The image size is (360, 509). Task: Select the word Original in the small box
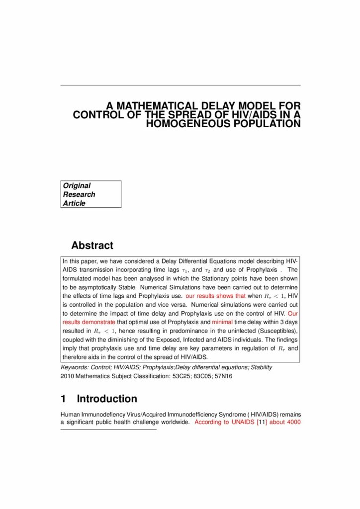coord(77,185)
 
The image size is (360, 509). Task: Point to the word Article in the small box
coord(74,203)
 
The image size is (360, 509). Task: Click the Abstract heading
coord(92,246)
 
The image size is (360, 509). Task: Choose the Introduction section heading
coord(107,399)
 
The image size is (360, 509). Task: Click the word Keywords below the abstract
coord(74,367)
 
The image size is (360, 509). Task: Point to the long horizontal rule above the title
coord(180,85)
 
